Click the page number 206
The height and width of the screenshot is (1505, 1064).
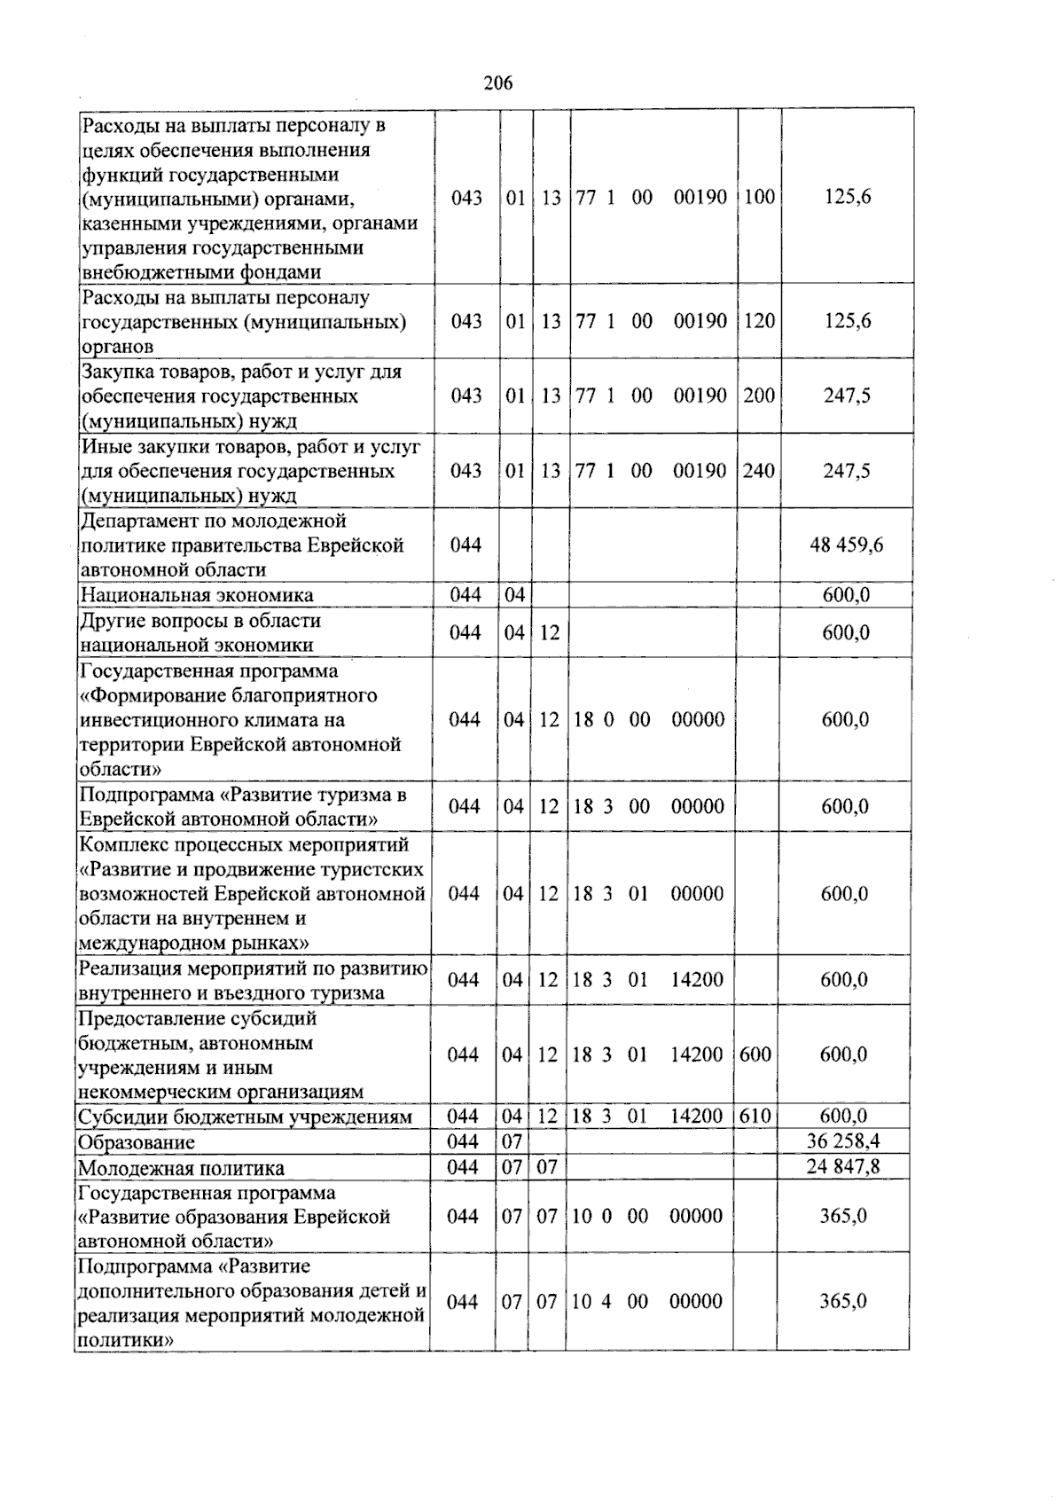[498, 83]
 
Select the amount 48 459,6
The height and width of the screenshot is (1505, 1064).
[846, 545]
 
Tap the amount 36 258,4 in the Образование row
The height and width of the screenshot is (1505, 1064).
[842, 1141]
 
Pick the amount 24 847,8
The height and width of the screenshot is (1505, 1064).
[842, 1166]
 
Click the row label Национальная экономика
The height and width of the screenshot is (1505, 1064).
[196, 595]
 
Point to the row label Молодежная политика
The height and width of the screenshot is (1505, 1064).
[181, 1168]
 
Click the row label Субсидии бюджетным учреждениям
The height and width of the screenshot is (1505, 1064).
[245, 1117]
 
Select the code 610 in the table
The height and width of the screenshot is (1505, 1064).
[755, 1116]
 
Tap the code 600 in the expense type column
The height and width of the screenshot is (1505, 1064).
[755, 1054]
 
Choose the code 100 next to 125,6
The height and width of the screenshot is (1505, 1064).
[759, 197]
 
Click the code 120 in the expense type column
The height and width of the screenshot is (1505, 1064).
[759, 321]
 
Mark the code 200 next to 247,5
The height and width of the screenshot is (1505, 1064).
[759, 396]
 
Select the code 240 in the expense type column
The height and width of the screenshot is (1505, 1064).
[759, 471]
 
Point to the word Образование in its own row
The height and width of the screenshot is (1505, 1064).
[136, 1143]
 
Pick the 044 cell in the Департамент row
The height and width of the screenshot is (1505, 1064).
[465, 545]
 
